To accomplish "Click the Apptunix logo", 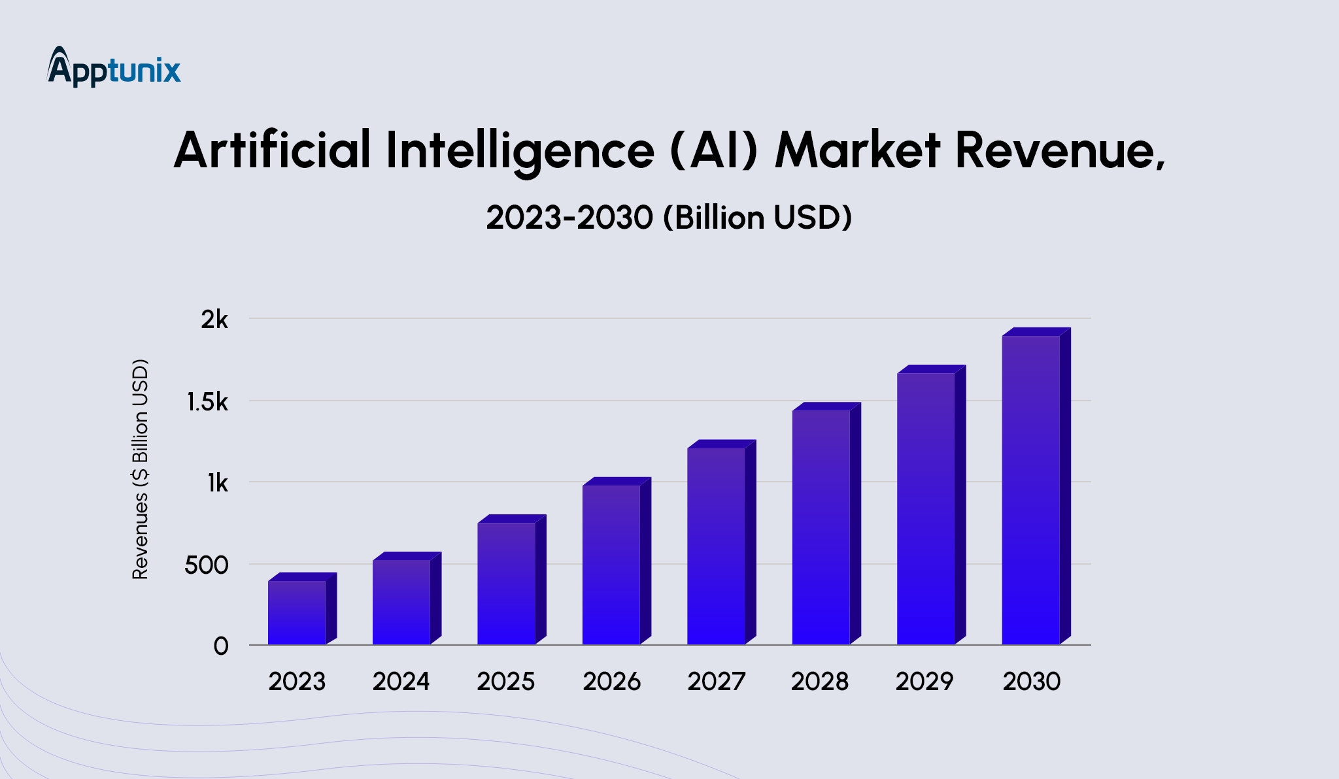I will tap(114, 67).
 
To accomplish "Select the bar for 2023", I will tap(297, 612).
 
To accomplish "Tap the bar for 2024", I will tap(401, 602).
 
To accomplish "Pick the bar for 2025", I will tap(506, 583).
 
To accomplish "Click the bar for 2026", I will tap(611, 565).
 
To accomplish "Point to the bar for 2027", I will tap(716, 546).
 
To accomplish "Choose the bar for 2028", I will tap(821, 527).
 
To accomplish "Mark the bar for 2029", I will tap(926, 508).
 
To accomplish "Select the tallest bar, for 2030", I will tap(1031, 489).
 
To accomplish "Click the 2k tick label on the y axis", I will tap(214, 320).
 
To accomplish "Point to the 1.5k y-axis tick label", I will tap(207, 402).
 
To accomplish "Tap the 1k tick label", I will tap(218, 484).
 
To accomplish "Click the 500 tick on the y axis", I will tap(206, 565).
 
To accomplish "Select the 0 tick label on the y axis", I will tap(221, 646).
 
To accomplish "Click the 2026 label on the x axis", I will tap(612, 682).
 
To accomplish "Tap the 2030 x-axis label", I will tap(1032, 682).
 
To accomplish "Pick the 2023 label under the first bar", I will tap(297, 682).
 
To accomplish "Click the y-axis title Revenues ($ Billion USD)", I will tap(141, 469).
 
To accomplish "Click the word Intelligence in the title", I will tap(520, 150).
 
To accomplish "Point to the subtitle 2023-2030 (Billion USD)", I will tap(669, 218).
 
